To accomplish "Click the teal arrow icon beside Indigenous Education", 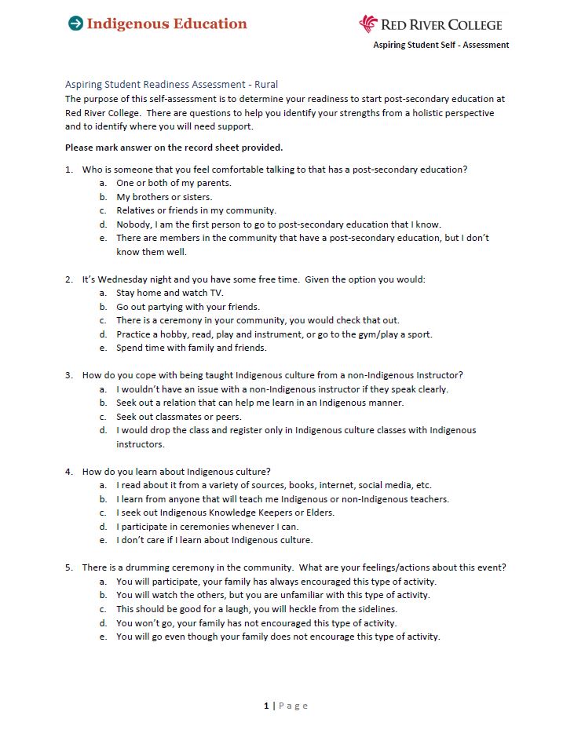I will (x=75, y=24).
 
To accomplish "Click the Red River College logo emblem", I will (x=368, y=24).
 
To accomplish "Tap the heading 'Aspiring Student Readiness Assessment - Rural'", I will (x=171, y=85).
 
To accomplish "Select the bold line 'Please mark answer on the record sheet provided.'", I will (x=174, y=148).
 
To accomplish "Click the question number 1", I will (x=68, y=170).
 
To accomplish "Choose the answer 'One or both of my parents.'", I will (x=174, y=183).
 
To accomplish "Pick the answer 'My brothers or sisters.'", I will (x=164, y=197).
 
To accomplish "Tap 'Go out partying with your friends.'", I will (x=188, y=307).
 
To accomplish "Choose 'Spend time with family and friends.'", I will (x=191, y=348).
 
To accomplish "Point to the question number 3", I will (x=68, y=375).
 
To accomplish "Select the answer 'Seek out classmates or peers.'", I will (x=178, y=417).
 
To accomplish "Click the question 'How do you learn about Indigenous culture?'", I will (x=177, y=472).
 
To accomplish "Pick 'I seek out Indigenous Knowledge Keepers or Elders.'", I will (x=225, y=513).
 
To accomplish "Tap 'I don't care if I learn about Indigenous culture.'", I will (x=214, y=540).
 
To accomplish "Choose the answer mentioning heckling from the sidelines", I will (x=256, y=609).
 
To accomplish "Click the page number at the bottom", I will (x=267, y=706).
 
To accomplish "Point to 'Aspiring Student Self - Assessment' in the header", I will (x=441, y=45).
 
